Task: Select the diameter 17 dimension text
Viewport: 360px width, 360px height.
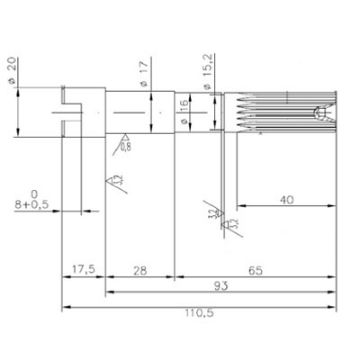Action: (146, 72)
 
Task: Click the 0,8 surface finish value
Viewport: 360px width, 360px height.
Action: (125, 145)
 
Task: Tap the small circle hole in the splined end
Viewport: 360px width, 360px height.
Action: (319, 111)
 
